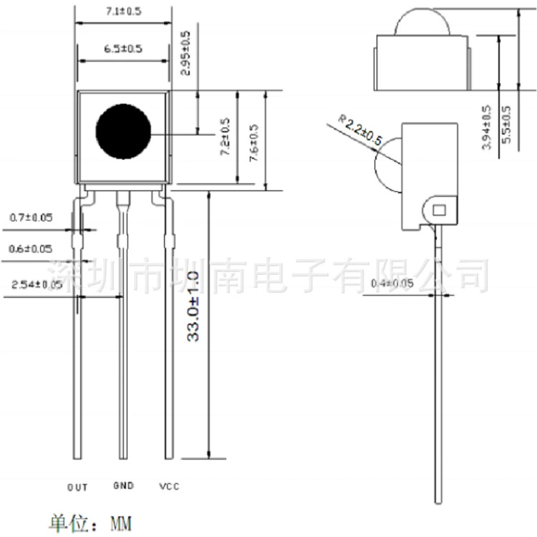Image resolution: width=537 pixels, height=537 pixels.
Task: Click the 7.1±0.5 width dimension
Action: point(123,11)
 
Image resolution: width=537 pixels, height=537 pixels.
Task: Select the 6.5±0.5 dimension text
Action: point(123,49)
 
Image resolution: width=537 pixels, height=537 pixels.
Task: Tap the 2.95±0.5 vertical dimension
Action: point(185,53)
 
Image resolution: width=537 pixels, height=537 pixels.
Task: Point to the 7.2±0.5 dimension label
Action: point(225,137)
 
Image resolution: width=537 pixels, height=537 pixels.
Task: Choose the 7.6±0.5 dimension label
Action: point(253,142)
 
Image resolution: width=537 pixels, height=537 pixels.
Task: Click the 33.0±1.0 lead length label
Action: point(193,306)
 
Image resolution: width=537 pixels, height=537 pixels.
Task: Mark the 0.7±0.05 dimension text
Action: point(32,218)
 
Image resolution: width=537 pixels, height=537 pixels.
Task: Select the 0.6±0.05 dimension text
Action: point(31,248)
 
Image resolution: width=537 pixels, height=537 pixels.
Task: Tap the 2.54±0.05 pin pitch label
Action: point(37,284)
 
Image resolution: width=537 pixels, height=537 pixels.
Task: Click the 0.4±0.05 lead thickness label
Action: point(392,284)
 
